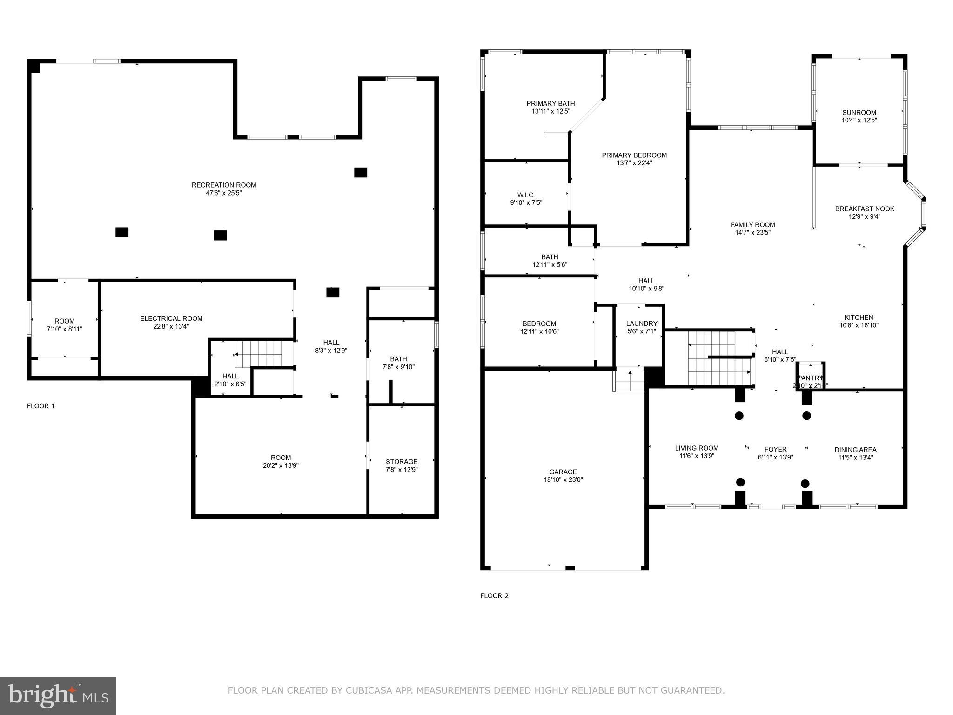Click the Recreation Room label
tap(224, 185)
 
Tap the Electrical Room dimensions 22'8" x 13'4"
tap(171, 327)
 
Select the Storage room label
tap(401, 462)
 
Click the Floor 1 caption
tap(41, 406)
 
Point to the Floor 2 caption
tap(494, 596)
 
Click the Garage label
tap(563, 472)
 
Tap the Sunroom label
tap(859, 113)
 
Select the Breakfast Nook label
tap(865, 209)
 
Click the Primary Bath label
tap(550, 104)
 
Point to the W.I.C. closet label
tap(526, 195)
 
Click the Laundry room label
tap(642, 324)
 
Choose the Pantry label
tap(811, 378)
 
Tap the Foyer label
tap(775, 449)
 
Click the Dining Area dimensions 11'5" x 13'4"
tap(855, 458)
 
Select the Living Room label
tap(697, 448)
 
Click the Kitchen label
tap(859, 317)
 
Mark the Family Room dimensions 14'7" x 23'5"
tap(752, 233)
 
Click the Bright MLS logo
tap(58, 695)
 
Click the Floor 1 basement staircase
tap(259, 354)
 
